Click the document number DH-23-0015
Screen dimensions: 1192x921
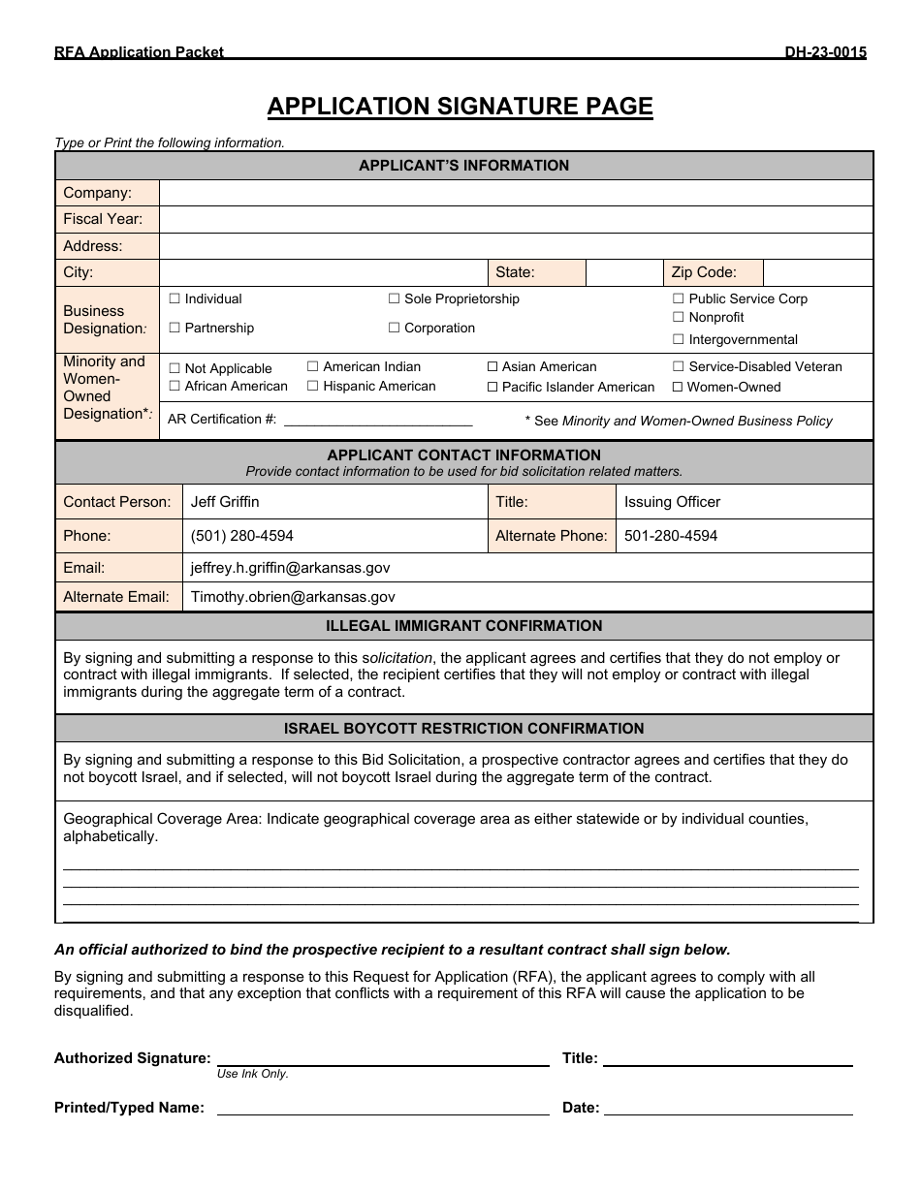coord(825,52)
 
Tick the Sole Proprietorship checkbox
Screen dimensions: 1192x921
coord(395,299)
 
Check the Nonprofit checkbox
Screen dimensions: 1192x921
coord(679,317)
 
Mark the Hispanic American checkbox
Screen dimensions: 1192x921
coord(313,386)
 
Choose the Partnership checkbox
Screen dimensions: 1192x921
coord(175,329)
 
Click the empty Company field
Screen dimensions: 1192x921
coord(515,193)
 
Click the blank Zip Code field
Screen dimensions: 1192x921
coord(817,272)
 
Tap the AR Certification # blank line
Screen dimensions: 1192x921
coord(377,421)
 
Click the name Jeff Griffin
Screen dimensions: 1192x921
coord(225,502)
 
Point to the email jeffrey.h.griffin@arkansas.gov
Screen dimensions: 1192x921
coord(290,568)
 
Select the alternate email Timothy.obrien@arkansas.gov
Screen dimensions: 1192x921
coord(293,597)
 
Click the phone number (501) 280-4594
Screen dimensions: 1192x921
coord(242,536)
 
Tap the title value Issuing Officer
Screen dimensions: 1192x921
coord(672,502)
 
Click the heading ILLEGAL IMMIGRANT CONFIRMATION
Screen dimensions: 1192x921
coord(463,626)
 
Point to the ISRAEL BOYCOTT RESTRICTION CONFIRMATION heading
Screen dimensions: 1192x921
coord(463,729)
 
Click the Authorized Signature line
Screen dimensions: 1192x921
coord(383,1058)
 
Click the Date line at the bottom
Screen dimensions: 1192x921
coord(727,1108)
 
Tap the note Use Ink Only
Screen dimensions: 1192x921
coord(253,1074)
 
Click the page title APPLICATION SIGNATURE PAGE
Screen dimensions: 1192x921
coord(460,106)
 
